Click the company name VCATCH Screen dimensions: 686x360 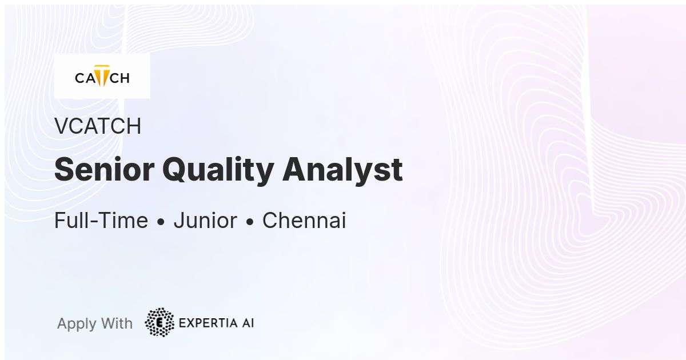[98, 126]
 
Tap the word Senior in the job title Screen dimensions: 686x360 [104, 169]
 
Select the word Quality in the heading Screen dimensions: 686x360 [218, 171]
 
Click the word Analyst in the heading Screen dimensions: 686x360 [342, 171]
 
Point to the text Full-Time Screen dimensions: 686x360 [101, 220]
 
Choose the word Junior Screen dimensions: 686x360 [205, 220]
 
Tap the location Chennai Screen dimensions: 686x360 [304, 220]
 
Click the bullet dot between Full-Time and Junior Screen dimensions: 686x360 [161, 222]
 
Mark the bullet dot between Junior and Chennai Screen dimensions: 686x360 [250, 222]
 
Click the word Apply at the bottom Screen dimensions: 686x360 [77, 324]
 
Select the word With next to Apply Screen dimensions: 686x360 [117, 323]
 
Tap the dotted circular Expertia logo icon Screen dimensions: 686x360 [159, 322]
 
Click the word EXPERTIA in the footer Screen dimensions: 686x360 [208, 323]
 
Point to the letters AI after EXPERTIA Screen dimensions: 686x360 [248, 323]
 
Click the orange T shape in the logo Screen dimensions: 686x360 [102, 75]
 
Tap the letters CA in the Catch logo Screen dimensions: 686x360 [85, 78]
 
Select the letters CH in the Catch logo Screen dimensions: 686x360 [119, 78]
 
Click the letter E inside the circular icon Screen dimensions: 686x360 [159, 323]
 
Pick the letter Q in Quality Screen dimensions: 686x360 [175, 170]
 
